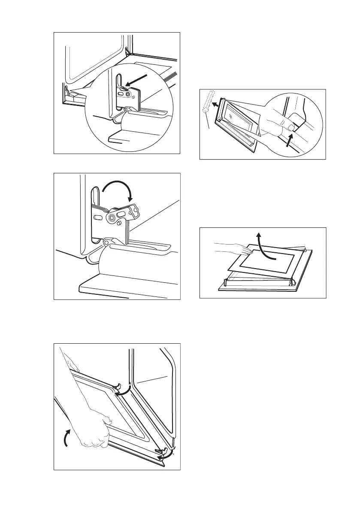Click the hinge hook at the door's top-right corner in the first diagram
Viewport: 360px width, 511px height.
126,50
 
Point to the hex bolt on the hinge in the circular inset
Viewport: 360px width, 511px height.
127,94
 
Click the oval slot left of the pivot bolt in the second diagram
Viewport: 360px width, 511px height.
98,218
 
